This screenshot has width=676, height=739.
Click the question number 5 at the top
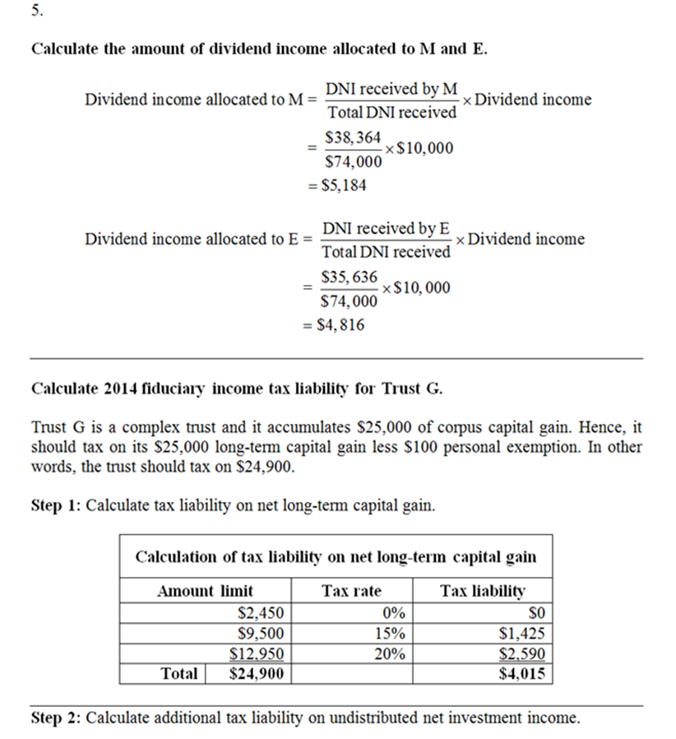coord(35,13)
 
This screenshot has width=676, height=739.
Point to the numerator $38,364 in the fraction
coord(352,137)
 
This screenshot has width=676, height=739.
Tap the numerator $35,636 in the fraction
coord(350,277)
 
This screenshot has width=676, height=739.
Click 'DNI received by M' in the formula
coord(391,89)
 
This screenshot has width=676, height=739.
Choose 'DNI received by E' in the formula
coord(387,228)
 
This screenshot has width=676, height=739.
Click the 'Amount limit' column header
coord(206,590)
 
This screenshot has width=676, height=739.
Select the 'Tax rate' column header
coord(351,590)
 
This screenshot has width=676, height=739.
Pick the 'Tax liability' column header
coord(483,590)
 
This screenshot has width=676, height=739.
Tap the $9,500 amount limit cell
coord(260,634)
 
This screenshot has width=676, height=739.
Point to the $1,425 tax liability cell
coord(522,634)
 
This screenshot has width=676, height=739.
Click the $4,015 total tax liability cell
coord(522,674)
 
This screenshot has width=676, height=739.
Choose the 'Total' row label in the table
coord(179,674)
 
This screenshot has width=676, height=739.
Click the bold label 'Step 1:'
coord(56,505)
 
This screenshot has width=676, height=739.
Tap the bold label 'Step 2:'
coord(56,718)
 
